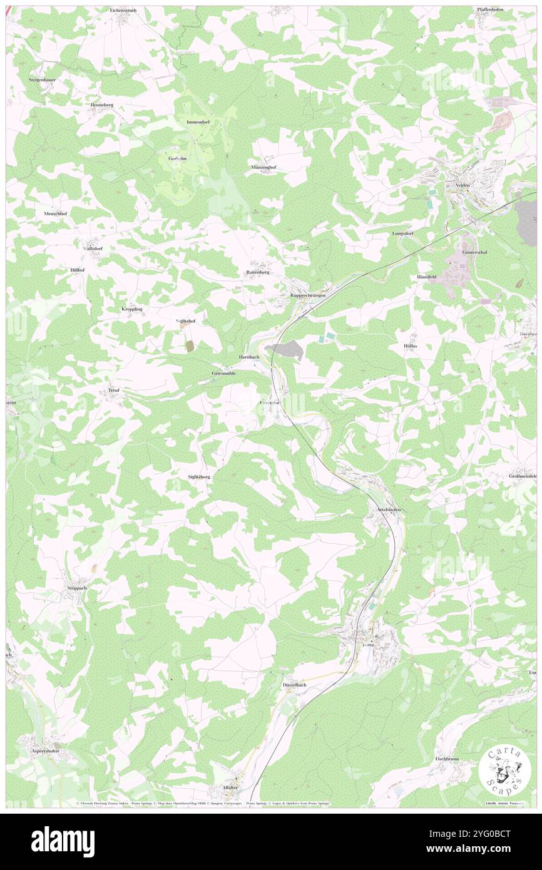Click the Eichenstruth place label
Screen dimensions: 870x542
[x=123, y=11]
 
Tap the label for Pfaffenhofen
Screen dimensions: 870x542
[x=489, y=10]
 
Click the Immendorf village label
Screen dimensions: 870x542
[x=197, y=121]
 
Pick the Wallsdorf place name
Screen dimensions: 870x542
[x=93, y=248]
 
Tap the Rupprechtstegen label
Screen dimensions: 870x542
[x=307, y=295]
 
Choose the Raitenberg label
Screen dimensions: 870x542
[x=257, y=273]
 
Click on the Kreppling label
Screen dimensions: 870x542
[x=131, y=309]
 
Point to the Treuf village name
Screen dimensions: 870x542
[x=113, y=390]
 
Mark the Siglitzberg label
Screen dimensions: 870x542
[x=199, y=477]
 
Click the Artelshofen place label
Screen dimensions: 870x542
[x=389, y=509]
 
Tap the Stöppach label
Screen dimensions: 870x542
[x=76, y=588]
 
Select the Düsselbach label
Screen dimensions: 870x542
[x=294, y=685]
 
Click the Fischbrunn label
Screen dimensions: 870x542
[x=447, y=759]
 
